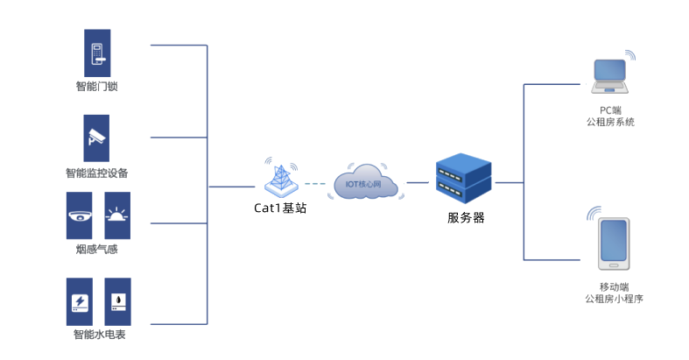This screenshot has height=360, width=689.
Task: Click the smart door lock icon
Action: [x=96, y=53]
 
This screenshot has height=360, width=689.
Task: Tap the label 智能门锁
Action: [x=96, y=86]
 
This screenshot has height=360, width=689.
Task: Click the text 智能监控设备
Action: [x=96, y=173]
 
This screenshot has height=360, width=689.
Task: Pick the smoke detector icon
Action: [x=80, y=215]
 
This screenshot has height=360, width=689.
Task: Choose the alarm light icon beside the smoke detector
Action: [x=117, y=215]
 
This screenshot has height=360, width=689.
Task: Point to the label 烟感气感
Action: [x=96, y=250]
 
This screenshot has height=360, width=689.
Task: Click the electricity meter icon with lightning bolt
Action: [x=80, y=302]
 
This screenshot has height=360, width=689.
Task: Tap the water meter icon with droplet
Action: [x=117, y=302]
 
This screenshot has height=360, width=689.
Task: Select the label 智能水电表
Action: [x=98, y=335]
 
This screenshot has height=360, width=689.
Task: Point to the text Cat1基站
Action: [x=280, y=208]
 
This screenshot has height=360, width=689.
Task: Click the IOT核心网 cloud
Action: [x=366, y=183]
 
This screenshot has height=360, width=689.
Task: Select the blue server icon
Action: [x=464, y=178]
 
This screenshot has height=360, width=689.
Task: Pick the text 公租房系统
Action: [x=609, y=122]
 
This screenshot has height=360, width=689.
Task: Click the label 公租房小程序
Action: [x=614, y=299]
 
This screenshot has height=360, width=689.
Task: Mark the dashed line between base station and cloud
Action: [x=318, y=184]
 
